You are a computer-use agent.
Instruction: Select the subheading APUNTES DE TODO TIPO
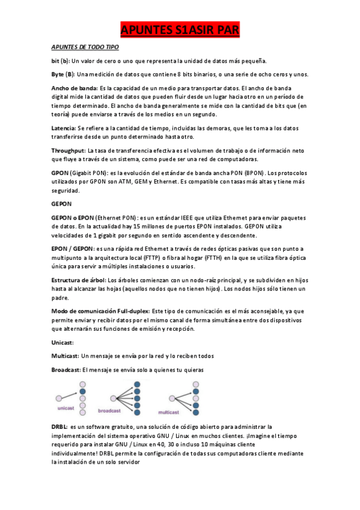coord(85,47)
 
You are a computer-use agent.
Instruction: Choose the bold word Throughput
coord(68,150)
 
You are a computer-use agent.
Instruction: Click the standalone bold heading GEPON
coord(61,204)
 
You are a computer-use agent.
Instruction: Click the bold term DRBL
coord(59,426)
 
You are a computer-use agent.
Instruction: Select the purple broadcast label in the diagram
coord(109,411)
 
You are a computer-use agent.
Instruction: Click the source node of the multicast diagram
coord(172,398)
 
